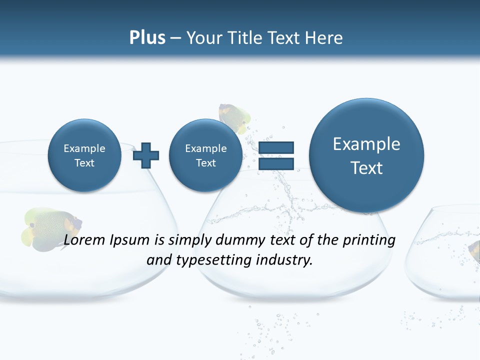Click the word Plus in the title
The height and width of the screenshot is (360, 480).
pos(147,38)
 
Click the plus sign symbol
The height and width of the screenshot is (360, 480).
pos(146,155)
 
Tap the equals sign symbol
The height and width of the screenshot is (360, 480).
pos(275,155)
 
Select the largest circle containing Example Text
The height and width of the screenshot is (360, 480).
pos(366,155)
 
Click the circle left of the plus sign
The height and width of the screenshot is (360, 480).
pos(84,155)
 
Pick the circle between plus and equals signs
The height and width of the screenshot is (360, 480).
pos(205,155)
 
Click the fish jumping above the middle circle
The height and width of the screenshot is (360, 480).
pos(233,118)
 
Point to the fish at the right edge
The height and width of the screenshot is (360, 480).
pos(474,250)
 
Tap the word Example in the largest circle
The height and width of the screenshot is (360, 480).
pos(366,144)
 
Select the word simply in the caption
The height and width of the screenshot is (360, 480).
pos(190,240)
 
